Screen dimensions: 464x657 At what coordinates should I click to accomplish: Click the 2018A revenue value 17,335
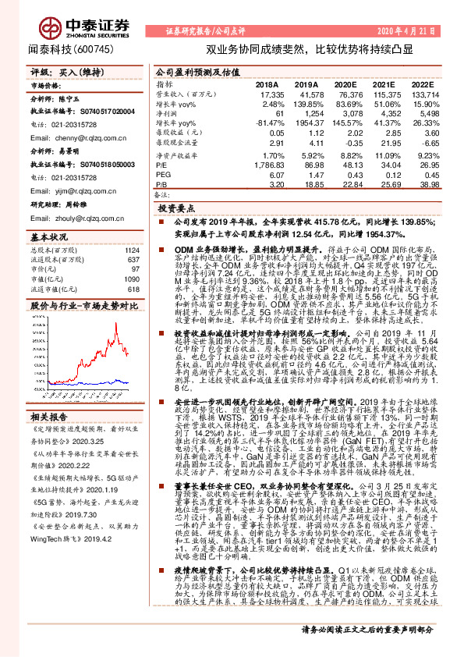pos(268,94)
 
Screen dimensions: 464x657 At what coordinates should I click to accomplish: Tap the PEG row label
pos(163,176)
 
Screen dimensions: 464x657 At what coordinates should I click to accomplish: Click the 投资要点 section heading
pos(175,210)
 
